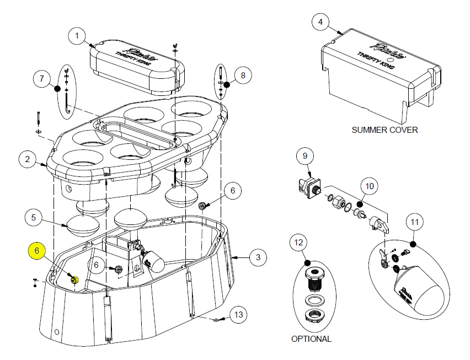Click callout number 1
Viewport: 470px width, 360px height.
pos(77,36)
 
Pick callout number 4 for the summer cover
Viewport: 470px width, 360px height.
pos(321,23)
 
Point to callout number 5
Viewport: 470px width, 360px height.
pos(34,218)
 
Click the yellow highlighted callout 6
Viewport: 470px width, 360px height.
pos(37,251)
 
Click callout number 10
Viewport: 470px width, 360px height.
pos(370,186)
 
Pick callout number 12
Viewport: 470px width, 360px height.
pos(298,243)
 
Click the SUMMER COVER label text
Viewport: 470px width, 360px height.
pos(384,130)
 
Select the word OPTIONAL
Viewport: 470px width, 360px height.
pos(311,339)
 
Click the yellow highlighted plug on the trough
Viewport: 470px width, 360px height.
pos(74,279)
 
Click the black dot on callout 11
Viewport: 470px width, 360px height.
pos(413,243)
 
